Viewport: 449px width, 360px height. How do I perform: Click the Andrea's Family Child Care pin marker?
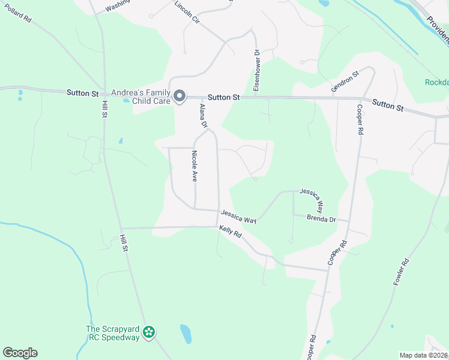(179, 97)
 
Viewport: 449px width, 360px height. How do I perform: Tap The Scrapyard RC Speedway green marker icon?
(149, 332)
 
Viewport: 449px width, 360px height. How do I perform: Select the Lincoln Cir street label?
(187, 13)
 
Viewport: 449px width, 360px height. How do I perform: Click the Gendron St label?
(345, 82)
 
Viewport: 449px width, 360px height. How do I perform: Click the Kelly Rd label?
(230, 231)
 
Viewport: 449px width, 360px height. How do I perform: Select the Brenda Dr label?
(321, 218)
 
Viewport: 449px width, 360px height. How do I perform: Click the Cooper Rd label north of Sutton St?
(360, 119)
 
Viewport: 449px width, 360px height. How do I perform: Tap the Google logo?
(20, 353)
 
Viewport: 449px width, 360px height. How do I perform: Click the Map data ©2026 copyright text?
(423, 355)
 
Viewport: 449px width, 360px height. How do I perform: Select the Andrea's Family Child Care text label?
(141, 97)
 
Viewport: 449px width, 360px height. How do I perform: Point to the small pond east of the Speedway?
(185, 333)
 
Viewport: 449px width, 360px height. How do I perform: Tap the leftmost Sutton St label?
(82, 93)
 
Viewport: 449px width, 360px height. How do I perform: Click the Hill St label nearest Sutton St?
(104, 109)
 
